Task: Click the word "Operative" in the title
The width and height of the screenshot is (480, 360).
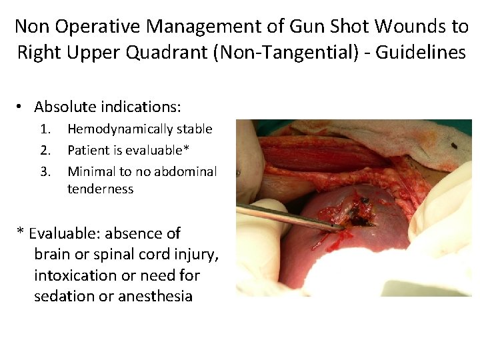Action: (100, 27)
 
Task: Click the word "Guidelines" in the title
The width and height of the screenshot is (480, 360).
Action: (421, 52)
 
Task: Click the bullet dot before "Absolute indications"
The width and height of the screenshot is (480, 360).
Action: (21, 107)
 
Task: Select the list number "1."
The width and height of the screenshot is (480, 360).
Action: (45, 129)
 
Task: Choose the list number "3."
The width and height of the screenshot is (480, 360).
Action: (45, 171)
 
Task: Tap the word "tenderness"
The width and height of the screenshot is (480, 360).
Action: (100, 189)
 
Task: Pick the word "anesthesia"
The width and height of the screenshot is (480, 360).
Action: (155, 296)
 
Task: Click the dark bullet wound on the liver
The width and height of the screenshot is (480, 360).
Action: (361, 211)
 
